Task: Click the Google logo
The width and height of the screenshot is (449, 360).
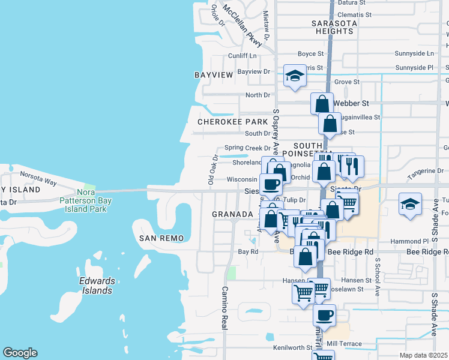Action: point(20,353)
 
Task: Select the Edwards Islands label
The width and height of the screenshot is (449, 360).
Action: point(96,286)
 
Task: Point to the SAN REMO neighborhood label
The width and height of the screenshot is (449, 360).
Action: point(160,238)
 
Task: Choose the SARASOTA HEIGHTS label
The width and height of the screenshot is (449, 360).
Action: point(333,27)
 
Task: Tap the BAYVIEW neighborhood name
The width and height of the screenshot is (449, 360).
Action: point(214,75)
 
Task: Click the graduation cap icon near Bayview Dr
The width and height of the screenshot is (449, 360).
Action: point(295,76)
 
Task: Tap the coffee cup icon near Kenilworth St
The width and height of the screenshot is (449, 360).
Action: point(324,315)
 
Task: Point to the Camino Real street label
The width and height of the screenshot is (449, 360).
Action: point(224,307)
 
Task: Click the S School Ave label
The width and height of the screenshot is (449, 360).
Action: point(378,277)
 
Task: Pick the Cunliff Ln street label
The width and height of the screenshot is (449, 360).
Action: point(242,56)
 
